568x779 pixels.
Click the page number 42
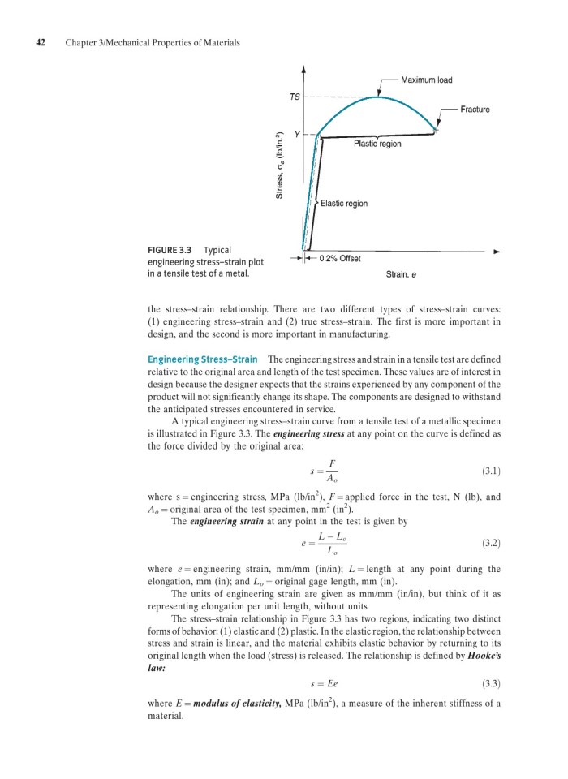(38, 41)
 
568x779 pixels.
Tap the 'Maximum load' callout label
(427, 80)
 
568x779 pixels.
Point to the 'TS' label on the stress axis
(295, 97)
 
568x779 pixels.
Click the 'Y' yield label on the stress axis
(297, 136)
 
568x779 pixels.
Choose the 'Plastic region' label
(377, 144)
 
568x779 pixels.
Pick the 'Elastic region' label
(344, 203)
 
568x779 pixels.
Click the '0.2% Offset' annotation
(341, 258)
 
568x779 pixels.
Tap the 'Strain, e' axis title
(402, 274)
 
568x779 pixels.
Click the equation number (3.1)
(490, 468)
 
